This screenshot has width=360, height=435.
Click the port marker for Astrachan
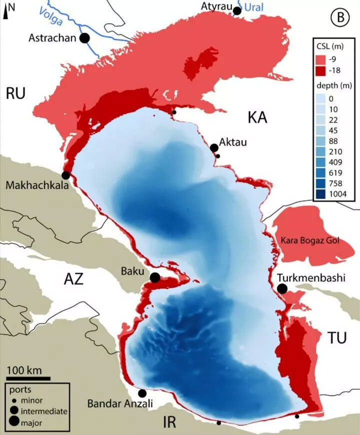click(85, 37)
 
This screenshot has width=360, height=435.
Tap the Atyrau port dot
click(237, 10)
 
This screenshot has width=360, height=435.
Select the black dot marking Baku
click(155, 277)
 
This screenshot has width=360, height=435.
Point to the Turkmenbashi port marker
click(282, 288)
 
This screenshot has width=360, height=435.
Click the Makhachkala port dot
click(65, 175)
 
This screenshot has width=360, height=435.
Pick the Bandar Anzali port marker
click(142, 393)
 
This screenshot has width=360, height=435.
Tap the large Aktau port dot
click(214, 147)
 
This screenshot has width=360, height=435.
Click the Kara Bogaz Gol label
click(309, 240)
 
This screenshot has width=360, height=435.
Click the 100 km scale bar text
click(24, 370)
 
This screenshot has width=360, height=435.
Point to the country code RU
click(15, 93)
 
